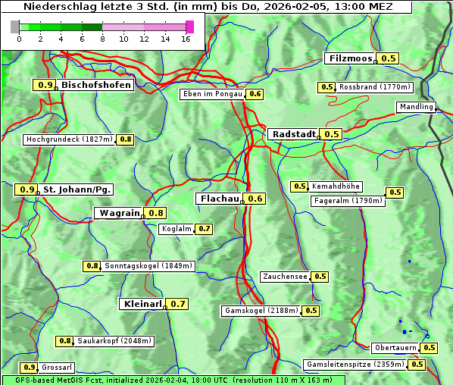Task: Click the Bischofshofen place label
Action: coord(96,85)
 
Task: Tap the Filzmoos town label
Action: coord(350,58)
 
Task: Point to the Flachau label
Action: coord(219,199)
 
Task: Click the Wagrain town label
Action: coord(119,213)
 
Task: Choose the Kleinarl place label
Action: coord(142,304)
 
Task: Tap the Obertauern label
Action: coord(395,348)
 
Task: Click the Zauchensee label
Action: coord(285,277)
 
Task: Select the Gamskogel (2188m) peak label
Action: coord(261,311)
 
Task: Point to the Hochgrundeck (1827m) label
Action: coord(69,139)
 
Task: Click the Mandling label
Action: coord(415,107)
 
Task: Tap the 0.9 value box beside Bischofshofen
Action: coord(45,86)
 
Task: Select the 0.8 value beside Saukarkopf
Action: coord(66,341)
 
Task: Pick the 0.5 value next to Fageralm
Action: coord(395,192)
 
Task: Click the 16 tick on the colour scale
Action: coord(186,39)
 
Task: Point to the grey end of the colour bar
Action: coord(15,27)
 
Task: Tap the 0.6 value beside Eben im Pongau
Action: coord(255,94)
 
